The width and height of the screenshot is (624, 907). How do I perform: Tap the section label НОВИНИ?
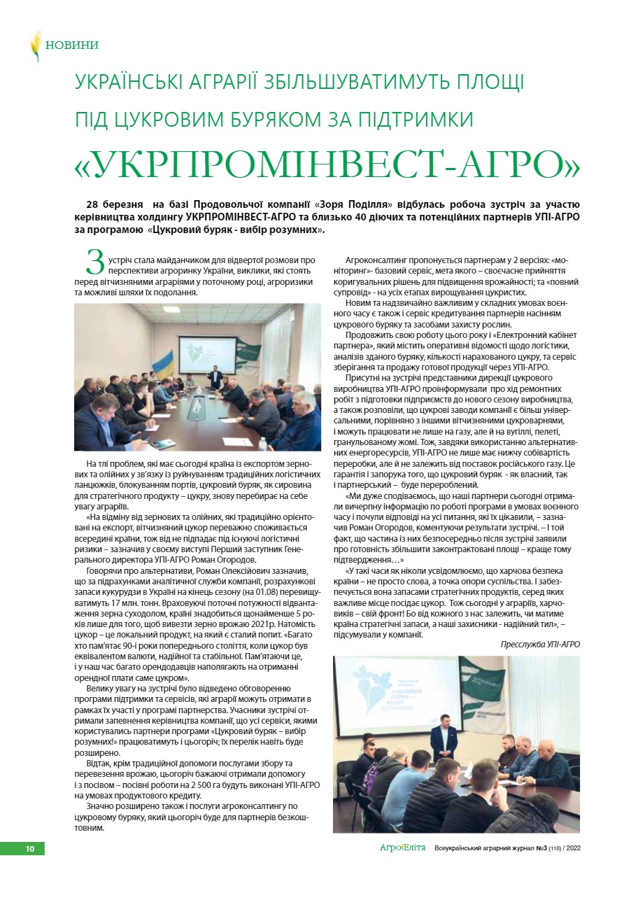pos(72,45)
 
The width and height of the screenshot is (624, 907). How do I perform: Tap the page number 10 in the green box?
pos(30,849)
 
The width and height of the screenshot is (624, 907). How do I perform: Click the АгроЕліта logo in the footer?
pos(402,849)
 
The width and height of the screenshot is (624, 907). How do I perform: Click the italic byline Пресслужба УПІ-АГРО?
pos(540,644)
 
